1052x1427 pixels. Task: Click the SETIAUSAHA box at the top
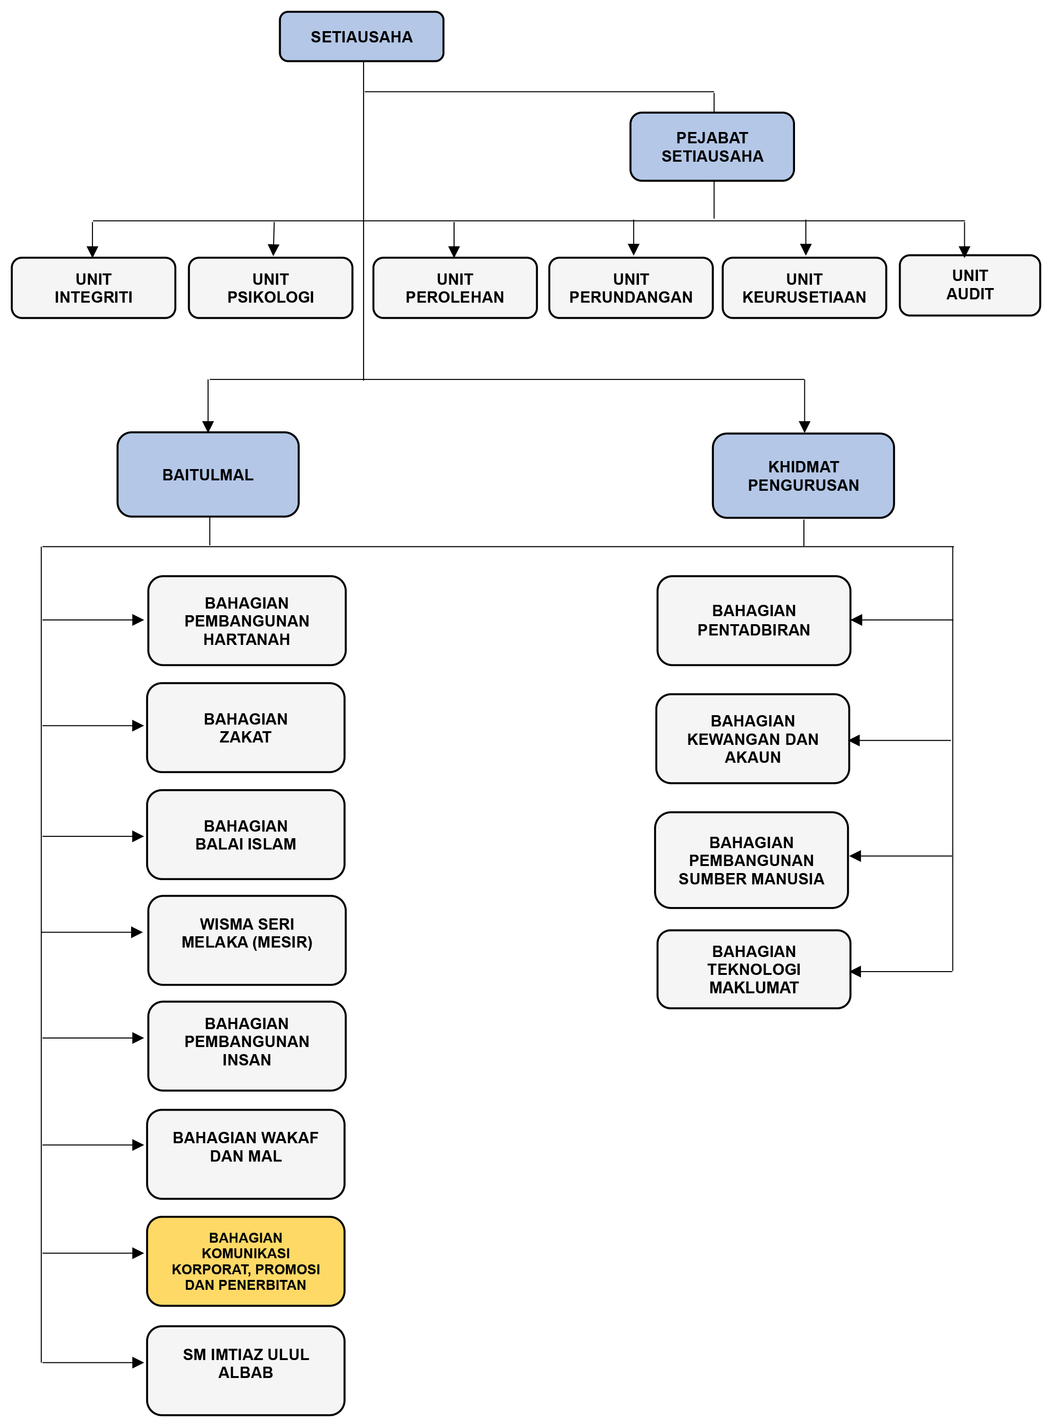coord(361,37)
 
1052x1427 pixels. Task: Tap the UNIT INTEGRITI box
coord(94,288)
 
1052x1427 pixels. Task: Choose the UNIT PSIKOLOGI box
coord(271,288)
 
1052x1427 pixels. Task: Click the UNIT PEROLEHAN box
coord(455,288)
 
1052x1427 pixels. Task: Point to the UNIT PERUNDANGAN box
coord(630,288)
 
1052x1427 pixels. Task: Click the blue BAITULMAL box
coord(207,474)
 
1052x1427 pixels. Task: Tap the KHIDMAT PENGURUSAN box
coord(803,476)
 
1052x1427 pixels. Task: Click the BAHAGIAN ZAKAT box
coord(246,727)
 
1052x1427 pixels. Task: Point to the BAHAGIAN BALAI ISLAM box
coord(246,834)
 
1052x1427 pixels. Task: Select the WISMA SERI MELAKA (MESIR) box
coord(247,940)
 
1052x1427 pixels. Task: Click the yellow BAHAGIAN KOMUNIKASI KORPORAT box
coord(246,1261)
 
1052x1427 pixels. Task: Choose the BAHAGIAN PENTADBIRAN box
coord(754,620)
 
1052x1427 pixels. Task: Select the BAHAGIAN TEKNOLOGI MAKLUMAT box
coord(754,969)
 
